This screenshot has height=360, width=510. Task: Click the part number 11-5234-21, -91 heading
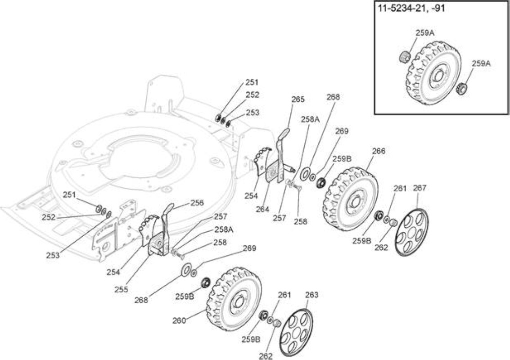[x=411, y=8]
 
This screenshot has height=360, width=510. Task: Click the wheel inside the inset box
[x=433, y=73]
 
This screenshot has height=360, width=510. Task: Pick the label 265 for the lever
[x=298, y=99]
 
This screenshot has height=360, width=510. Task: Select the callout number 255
[x=121, y=289]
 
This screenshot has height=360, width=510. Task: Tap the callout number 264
[x=262, y=209]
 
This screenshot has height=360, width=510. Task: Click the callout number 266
[x=379, y=151]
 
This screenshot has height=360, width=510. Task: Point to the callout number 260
[x=179, y=320]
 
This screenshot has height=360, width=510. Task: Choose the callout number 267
[x=419, y=188]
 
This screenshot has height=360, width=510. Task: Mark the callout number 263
[x=311, y=295]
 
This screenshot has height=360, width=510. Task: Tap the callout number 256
[x=197, y=202]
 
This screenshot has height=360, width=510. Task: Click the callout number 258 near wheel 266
[x=300, y=221]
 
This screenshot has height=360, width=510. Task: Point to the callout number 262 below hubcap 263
[x=266, y=356]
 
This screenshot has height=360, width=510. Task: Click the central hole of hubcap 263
[x=296, y=333]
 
